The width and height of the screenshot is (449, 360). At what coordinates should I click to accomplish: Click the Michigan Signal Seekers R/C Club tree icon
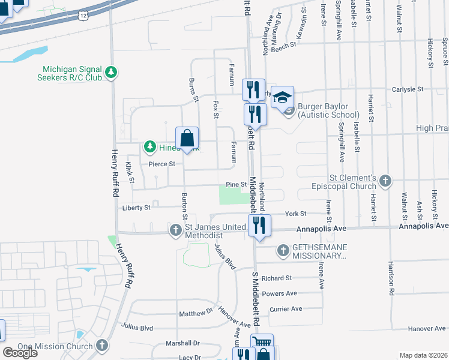[x=110, y=73]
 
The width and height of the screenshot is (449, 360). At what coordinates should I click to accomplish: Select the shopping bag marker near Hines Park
[x=187, y=139]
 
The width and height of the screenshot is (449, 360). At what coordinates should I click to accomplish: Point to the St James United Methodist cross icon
[x=176, y=230]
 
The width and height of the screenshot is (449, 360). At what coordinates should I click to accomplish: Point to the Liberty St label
[x=136, y=208]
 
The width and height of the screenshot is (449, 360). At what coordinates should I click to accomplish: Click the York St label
[x=295, y=214]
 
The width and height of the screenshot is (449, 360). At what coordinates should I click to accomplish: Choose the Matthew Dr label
[x=196, y=313]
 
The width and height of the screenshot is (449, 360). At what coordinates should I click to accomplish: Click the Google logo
[x=20, y=353]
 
